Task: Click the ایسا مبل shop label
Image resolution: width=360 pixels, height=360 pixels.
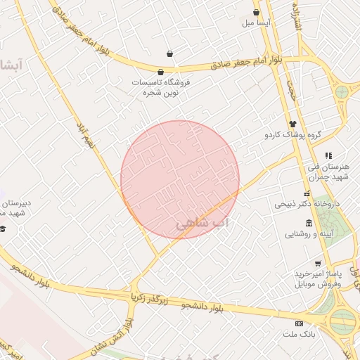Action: [x=257, y=22]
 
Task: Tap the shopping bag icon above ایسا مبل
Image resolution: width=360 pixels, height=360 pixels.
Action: [x=256, y=12]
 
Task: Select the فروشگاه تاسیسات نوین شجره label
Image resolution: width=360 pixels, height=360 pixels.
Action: [x=161, y=86]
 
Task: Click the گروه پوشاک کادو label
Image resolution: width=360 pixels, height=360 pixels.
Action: [x=292, y=134]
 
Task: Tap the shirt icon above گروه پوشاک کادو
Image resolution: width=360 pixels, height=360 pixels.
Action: [x=292, y=123]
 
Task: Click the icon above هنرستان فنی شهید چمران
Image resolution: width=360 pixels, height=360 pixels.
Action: [x=328, y=155]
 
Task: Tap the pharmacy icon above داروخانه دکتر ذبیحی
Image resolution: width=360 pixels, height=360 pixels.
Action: [x=307, y=193]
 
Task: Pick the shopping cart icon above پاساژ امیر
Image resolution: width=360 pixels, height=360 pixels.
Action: [x=318, y=264]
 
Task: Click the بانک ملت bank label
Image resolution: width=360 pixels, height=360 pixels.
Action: [x=299, y=334]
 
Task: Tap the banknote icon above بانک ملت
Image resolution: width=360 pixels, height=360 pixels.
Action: [x=299, y=323]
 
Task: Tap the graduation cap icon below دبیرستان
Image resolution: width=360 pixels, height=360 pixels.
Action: [x=4, y=228]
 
